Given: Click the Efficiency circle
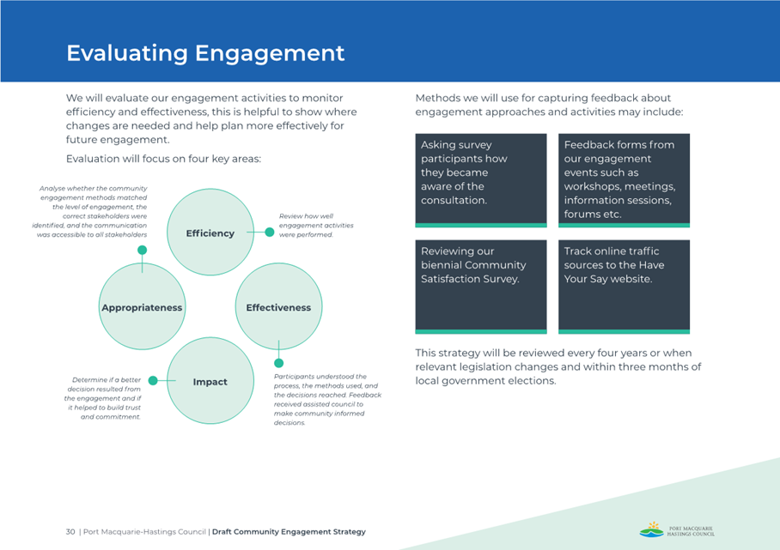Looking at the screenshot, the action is pos(210,232).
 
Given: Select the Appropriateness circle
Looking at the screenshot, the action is pos(143,306).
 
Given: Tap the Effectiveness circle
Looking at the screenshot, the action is pos(278,306).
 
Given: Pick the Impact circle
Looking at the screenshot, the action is pos(210,381).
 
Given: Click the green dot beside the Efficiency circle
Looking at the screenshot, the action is pos(270,232).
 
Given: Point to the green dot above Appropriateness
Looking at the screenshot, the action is pos(143,250).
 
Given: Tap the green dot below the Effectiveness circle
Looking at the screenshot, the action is pos(279,363).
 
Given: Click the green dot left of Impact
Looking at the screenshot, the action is pos(153,381).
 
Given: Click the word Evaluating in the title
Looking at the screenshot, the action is pos(127,54).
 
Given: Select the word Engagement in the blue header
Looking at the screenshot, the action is pos(270,54).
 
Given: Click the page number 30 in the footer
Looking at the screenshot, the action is pos(70,532).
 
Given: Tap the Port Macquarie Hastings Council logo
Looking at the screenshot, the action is pos(677,529).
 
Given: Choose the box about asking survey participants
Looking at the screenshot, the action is pos(481,180).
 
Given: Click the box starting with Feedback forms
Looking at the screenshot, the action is pos(624,180).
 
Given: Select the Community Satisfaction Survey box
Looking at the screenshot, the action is pos(481,287).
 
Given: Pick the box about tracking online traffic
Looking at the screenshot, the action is pos(624,287).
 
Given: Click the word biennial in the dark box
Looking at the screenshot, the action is pos(440,265).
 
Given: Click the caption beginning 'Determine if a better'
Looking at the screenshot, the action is pos(102,398).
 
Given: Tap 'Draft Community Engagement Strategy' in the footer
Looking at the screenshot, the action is pos(289,532).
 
